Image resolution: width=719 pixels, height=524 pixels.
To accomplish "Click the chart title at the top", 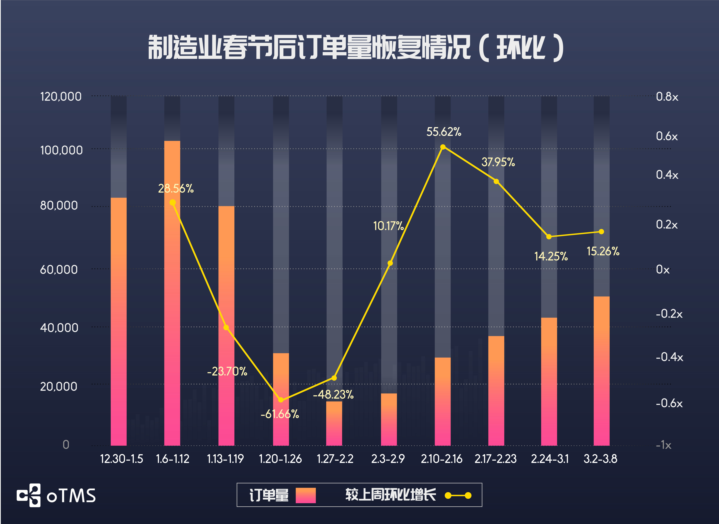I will (355, 48).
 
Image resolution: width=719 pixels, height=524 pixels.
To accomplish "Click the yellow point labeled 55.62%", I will (443, 147).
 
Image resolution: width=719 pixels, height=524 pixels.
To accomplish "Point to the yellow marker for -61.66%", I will (281, 400).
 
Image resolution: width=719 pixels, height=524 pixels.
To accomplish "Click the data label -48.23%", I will (333, 395).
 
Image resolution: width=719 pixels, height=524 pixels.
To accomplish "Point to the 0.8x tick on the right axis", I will (667, 97).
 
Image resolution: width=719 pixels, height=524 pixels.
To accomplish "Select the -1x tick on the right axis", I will (663, 445).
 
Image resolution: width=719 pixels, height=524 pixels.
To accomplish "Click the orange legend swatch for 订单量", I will (306, 495).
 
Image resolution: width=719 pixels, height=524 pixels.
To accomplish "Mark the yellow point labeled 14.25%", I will (549, 237).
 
